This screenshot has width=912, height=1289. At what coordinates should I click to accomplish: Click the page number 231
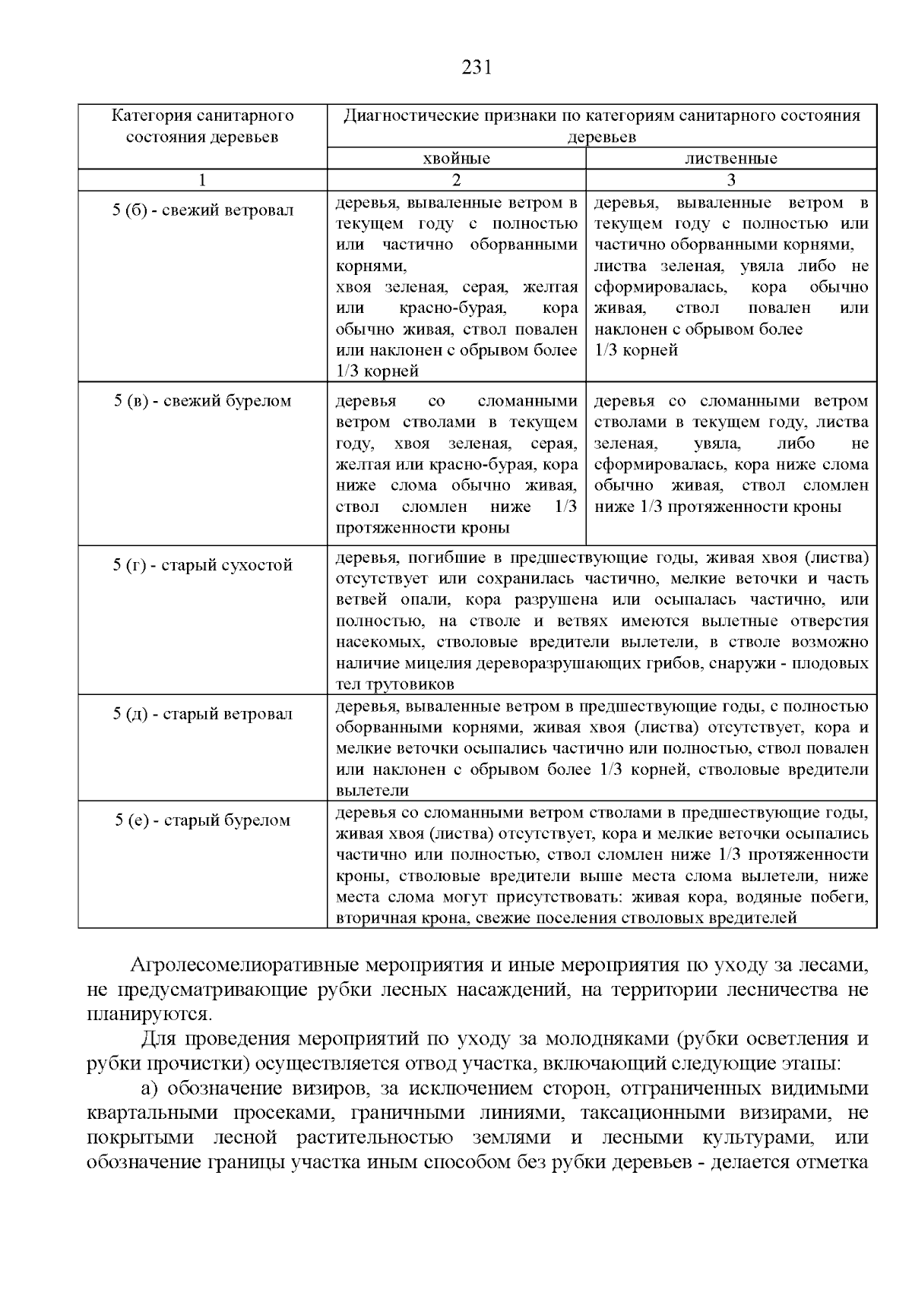(x=477, y=68)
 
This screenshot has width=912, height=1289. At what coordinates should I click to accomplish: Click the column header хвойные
(x=456, y=159)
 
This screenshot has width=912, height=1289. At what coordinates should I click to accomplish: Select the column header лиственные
(x=730, y=159)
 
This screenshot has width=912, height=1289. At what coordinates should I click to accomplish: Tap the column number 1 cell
(x=202, y=180)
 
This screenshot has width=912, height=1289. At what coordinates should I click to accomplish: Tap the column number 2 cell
(x=456, y=180)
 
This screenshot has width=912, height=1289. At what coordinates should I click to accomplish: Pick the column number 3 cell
(x=730, y=180)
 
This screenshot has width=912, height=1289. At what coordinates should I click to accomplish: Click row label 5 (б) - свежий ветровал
(x=202, y=210)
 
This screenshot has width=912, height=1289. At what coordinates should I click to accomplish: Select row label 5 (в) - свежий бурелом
(x=202, y=400)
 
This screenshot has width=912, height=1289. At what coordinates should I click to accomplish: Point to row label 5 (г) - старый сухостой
(x=202, y=565)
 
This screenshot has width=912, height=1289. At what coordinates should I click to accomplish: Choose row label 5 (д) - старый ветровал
(x=202, y=714)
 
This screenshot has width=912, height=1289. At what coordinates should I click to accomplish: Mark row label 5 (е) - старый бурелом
(x=202, y=820)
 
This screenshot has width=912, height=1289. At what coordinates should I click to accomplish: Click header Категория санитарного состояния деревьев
(x=202, y=126)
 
